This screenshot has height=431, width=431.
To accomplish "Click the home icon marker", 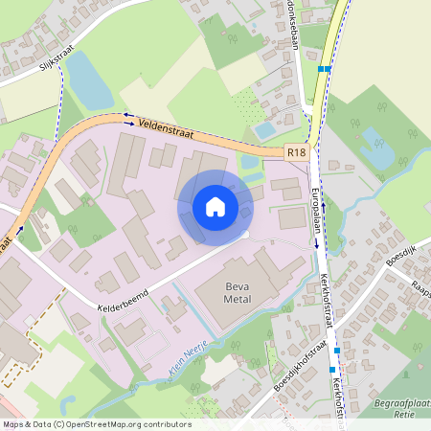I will [x=215, y=206].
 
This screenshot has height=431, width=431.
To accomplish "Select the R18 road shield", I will [x=296, y=152].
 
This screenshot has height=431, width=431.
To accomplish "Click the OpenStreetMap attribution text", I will [x=96, y=424].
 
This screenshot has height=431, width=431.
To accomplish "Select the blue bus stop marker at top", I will [x=327, y=69].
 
